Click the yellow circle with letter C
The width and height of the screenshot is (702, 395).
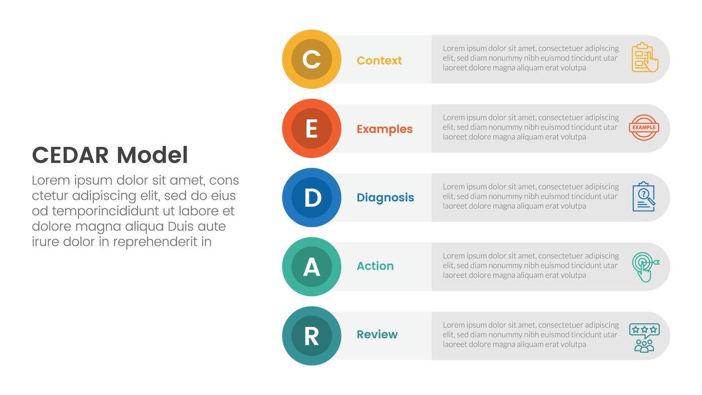(312, 59)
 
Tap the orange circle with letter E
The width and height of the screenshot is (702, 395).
(312, 128)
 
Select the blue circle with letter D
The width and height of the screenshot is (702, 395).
(312, 197)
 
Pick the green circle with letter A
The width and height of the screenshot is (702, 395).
(312, 266)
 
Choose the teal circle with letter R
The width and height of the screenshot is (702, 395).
(312, 336)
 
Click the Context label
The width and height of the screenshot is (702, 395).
(379, 60)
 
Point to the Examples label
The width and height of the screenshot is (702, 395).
(384, 129)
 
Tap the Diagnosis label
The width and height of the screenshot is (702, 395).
(385, 197)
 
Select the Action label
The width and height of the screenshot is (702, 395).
(375, 266)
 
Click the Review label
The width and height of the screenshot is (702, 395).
(377, 335)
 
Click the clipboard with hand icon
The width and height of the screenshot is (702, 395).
(645, 57)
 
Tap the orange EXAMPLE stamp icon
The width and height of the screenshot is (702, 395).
(644, 127)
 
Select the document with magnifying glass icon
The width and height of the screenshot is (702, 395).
(644, 196)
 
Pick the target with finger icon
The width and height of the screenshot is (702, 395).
(645, 267)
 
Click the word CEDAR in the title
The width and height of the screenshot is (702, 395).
(71, 155)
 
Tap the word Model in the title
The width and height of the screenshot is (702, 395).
(152, 155)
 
